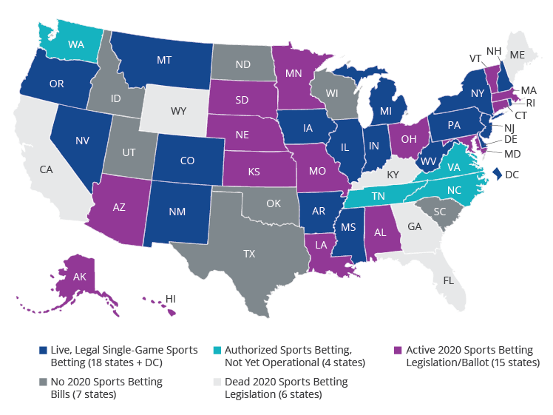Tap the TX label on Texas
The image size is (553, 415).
pyautogui.click(x=250, y=253)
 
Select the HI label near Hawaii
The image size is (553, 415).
pyautogui.click(x=170, y=297)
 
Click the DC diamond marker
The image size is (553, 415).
pyautogui.click(x=497, y=174)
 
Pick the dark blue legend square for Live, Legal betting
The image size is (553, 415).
pyautogui.click(x=44, y=350)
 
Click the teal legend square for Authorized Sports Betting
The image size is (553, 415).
pyautogui.click(x=217, y=350)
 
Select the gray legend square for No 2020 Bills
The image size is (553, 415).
pyautogui.click(x=44, y=382)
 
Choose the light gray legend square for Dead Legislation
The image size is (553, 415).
pyautogui.click(x=217, y=382)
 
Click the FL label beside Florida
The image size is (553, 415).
pyautogui.click(x=449, y=280)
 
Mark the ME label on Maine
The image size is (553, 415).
pyautogui.click(x=518, y=54)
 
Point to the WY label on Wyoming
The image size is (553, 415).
pyautogui.click(x=179, y=111)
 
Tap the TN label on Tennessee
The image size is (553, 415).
pyautogui.click(x=377, y=196)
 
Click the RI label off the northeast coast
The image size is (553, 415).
pyautogui.click(x=532, y=103)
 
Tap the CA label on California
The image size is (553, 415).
pyautogui.click(x=46, y=169)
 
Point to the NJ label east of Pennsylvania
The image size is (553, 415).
pyautogui.click(x=510, y=127)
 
